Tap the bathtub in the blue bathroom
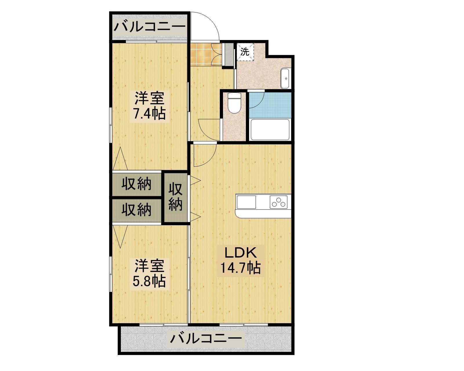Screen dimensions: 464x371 point(270,130)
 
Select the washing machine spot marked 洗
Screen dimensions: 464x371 point(245,52)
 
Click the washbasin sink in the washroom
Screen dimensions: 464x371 point(285,78)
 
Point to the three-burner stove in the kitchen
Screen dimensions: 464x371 point(278,202)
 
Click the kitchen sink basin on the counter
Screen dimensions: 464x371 point(246,202)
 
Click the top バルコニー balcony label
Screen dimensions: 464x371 point(150,27)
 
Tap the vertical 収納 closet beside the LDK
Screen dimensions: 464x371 point(175,197)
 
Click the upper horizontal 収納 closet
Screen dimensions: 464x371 point(136,184)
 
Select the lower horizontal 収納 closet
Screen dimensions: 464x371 point(136,210)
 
